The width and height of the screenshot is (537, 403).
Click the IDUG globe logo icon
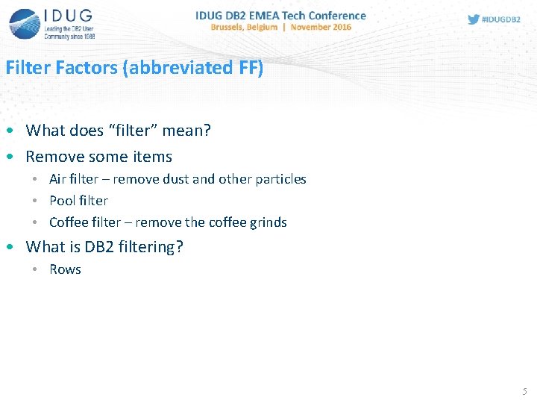[x=25, y=24]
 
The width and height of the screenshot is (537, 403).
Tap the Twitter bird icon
[x=474, y=19]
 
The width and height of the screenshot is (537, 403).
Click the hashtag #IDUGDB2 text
[x=501, y=19]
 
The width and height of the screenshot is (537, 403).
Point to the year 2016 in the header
[x=341, y=27]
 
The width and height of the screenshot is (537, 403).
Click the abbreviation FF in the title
[x=248, y=67]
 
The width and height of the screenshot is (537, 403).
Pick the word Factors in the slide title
[x=84, y=67]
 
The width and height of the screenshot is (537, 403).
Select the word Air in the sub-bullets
[x=58, y=179]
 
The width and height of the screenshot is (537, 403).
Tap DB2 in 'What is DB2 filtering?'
[x=92, y=247]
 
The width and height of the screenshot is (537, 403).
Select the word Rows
[x=65, y=269]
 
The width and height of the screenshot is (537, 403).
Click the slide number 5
[x=524, y=391]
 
